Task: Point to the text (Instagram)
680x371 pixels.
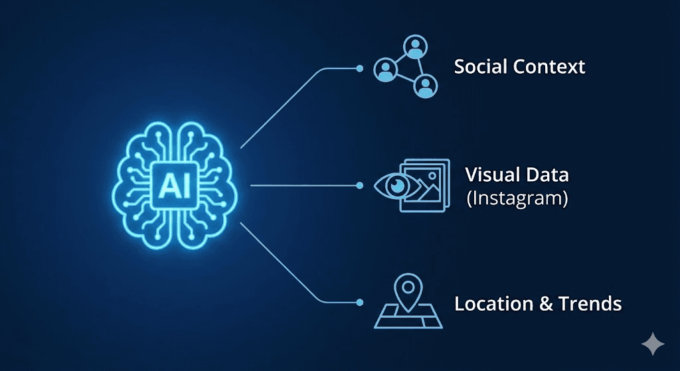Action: pos(517,198)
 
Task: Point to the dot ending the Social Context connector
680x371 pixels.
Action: pos(359,68)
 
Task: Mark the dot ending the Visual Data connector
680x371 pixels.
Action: pos(359,185)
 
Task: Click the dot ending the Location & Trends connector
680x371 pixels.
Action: pos(359,303)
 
